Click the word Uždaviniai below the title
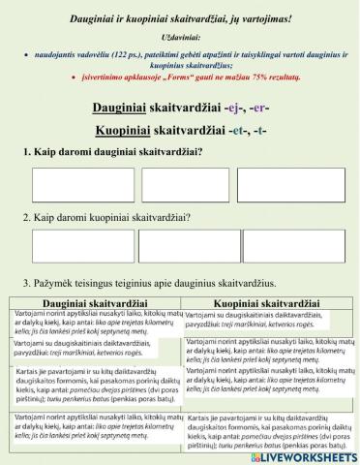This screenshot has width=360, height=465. (180, 33)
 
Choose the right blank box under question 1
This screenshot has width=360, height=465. (285, 184)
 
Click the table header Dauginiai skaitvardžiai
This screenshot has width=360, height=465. (95, 303)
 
